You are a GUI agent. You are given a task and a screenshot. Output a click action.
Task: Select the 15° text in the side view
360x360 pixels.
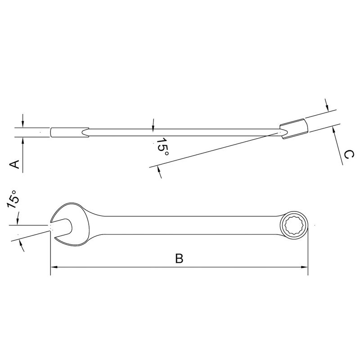pyautogui.click(x=163, y=147)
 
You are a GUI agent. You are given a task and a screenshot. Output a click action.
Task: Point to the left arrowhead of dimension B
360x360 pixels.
pyautogui.click(x=53, y=267)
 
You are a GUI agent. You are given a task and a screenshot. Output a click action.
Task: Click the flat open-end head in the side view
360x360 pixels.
pyautogui.click(x=70, y=132)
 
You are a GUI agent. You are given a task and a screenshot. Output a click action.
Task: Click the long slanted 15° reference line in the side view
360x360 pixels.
pyautogui.click(x=211, y=149)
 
